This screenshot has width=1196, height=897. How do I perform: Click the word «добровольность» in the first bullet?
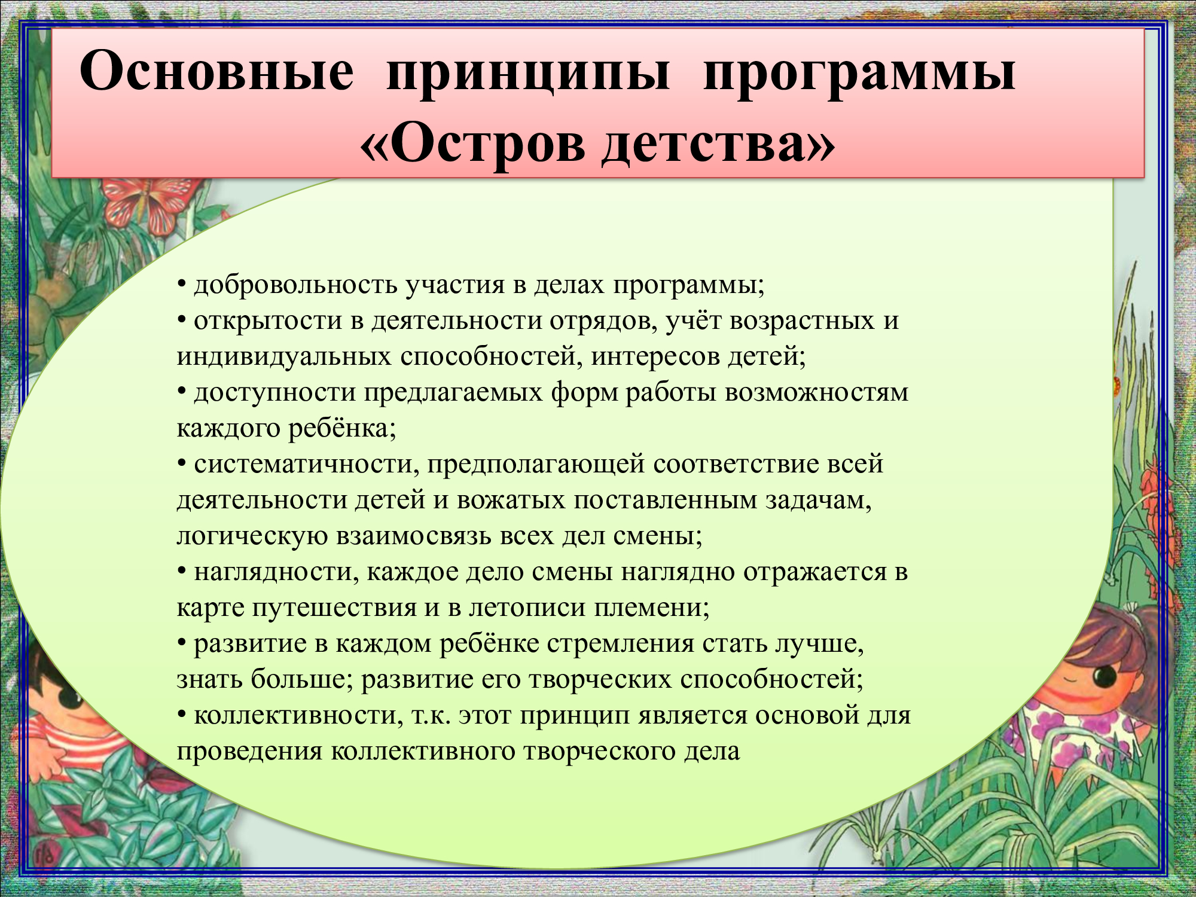point(296,285)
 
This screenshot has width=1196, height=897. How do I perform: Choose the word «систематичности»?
point(307,465)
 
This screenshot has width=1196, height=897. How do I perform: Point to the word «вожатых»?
point(511,501)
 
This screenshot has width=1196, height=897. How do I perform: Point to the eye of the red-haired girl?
point(1104,676)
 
